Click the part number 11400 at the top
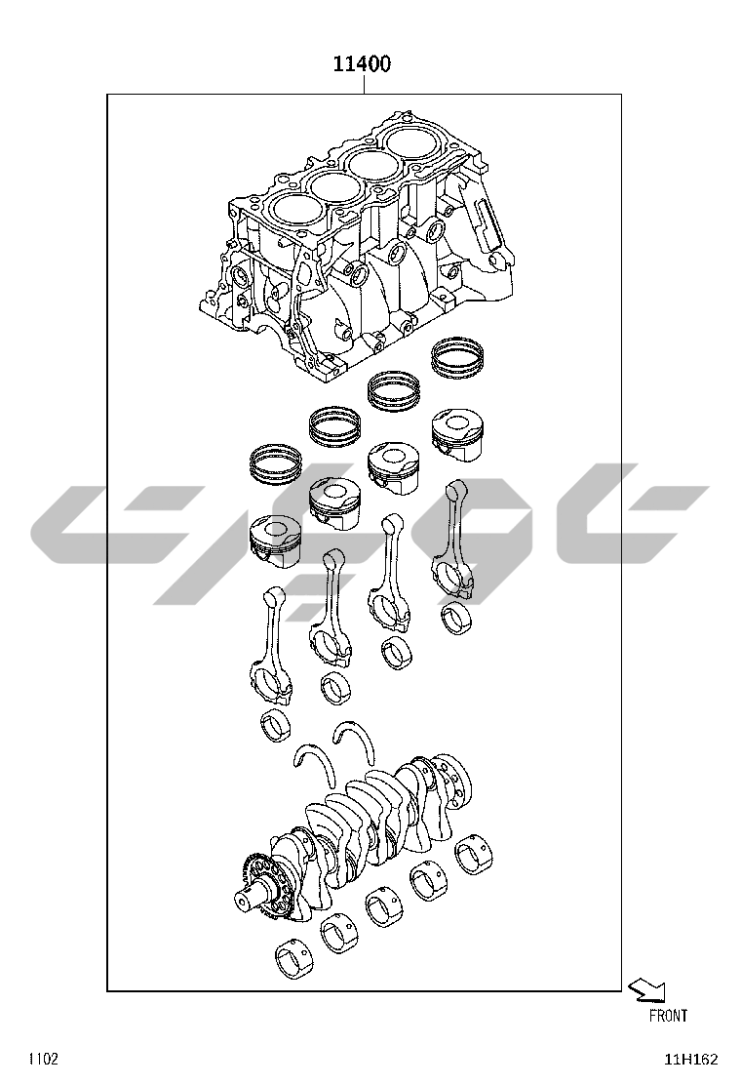point(362,63)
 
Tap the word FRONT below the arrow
point(669,1016)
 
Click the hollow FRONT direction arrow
point(648,990)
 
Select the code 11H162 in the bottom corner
point(691,1060)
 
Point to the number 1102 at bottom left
point(43,1059)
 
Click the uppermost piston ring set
point(457,358)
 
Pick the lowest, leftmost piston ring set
point(275,462)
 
